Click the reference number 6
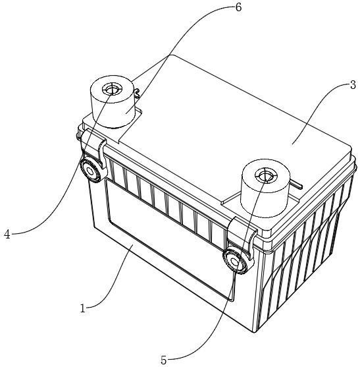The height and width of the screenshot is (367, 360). (238, 7)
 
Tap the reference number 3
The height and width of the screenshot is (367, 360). (353, 84)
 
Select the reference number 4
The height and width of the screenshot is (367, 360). (7, 234)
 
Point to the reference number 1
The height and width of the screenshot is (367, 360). (83, 308)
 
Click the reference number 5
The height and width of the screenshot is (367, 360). (163, 360)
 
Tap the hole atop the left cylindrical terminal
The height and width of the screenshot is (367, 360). (112, 90)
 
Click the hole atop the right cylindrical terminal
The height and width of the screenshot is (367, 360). (266, 175)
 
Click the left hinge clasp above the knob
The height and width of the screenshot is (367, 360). (93, 146)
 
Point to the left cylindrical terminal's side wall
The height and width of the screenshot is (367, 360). (112, 110)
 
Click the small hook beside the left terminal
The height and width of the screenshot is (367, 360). (138, 93)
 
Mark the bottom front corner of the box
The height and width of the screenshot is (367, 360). (254, 332)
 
